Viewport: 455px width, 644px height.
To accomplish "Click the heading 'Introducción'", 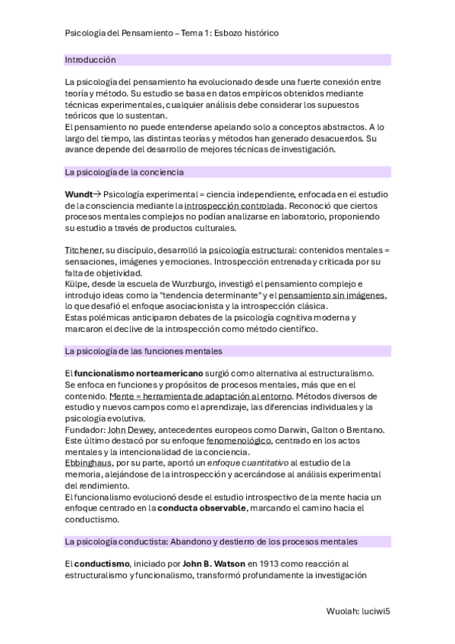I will [x=90, y=59].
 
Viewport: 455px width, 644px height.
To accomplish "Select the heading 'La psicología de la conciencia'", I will [x=125, y=172].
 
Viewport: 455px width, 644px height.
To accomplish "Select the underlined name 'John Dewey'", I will [x=130, y=430].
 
